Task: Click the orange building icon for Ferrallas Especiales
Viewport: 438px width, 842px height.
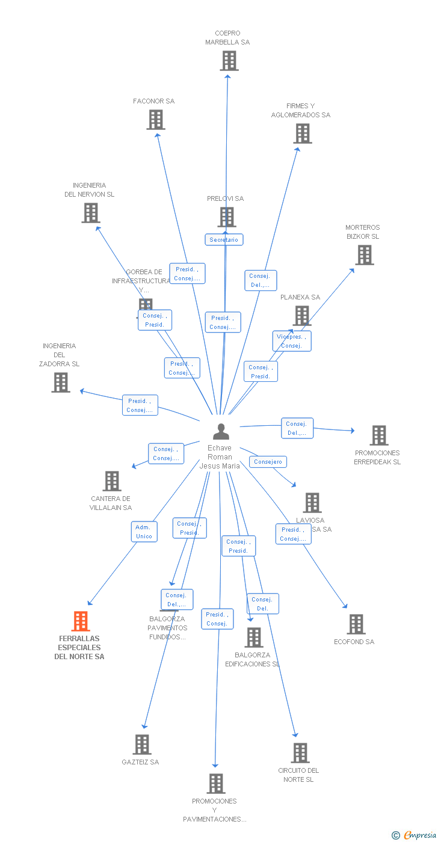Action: click(x=81, y=621)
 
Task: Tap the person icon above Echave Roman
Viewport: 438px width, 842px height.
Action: click(x=221, y=432)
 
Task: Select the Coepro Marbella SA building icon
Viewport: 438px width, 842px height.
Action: click(x=229, y=61)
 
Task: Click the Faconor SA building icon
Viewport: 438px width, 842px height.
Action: click(x=156, y=120)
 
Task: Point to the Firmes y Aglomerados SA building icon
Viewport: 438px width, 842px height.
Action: click(x=303, y=134)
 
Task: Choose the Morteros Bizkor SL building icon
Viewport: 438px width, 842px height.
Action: click(x=364, y=255)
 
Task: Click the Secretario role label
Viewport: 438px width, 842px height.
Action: click(x=224, y=240)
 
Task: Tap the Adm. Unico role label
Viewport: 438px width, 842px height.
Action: click(x=144, y=532)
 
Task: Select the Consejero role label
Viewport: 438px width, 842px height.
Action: click(x=268, y=462)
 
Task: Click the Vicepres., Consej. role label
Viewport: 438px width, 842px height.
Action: click(x=292, y=341)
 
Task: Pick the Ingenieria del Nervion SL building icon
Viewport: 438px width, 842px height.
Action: click(x=91, y=213)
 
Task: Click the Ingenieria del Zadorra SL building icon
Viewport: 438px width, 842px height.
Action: click(x=61, y=383)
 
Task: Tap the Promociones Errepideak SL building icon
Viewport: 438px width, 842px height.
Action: click(x=378, y=435)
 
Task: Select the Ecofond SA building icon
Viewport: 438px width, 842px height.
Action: click(x=356, y=624)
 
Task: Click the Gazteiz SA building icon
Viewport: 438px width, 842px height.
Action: click(x=142, y=745)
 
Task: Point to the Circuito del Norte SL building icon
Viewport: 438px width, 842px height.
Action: click(x=300, y=753)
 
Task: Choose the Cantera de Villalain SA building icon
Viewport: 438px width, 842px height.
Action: click(x=112, y=481)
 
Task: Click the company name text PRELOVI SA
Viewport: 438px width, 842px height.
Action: click(x=226, y=198)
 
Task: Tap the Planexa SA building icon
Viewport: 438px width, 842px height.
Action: click(x=301, y=315)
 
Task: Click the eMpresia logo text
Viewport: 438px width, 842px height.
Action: click(x=419, y=835)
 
